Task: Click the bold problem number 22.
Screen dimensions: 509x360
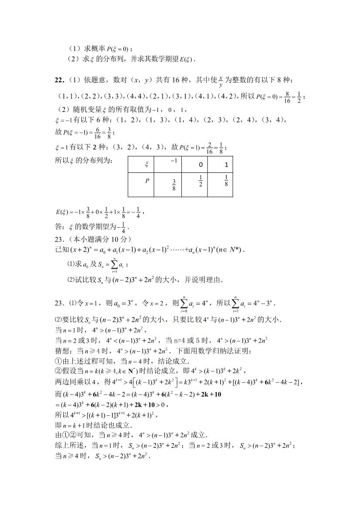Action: pos(59,80)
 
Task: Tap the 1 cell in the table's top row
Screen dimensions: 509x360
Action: pos(226,165)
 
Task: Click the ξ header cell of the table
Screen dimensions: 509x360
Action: pos(146,165)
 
